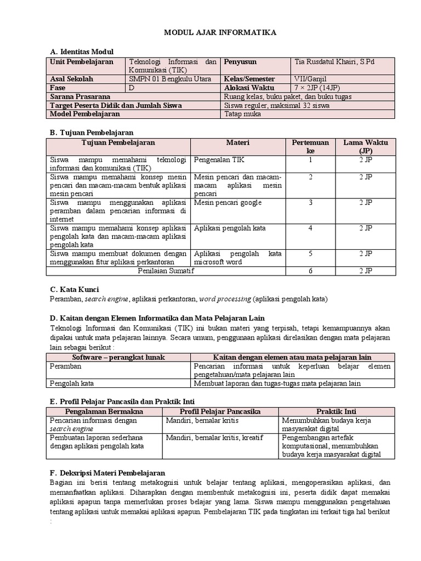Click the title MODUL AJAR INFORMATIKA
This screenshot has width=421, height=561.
click(220, 33)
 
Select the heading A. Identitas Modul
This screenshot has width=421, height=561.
click(82, 51)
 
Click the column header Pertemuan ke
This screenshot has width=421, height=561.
click(310, 147)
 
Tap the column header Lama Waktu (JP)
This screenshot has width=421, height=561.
click(365, 147)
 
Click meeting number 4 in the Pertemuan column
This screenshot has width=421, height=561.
click(310, 228)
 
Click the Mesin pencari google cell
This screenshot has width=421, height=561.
click(228, 203)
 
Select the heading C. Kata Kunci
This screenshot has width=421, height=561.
click(75, 289)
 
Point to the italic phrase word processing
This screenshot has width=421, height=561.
click(225, 299)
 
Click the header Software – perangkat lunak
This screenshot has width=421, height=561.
click(119, 357)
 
